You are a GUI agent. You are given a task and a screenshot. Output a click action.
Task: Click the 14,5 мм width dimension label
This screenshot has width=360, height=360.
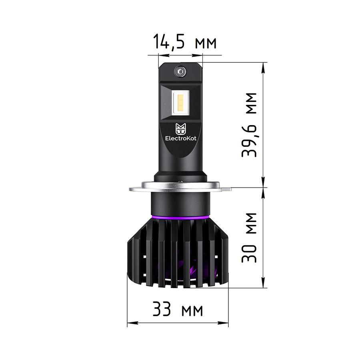tap(184, 42)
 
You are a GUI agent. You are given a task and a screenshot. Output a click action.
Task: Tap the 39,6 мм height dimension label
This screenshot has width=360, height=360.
tap(249, 125)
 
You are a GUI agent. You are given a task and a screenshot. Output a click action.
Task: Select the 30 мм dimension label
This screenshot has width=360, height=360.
tap(249, 238)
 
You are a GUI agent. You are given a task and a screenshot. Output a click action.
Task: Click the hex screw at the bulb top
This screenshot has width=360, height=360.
tap(180, 72)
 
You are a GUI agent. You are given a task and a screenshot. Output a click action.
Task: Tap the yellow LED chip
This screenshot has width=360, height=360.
tap(180, 104)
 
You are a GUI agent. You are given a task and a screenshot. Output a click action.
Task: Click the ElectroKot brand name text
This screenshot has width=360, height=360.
tap(181, 138)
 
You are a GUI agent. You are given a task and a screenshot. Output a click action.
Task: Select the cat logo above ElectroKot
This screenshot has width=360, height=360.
tap(181, 129)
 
